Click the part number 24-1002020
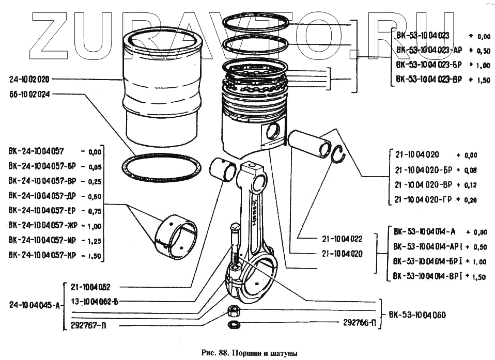[x=29, y=80]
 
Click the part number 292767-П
[x=88, y=326]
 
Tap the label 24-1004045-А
[x=33, y=305]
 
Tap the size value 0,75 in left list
[x=95, y=211]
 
